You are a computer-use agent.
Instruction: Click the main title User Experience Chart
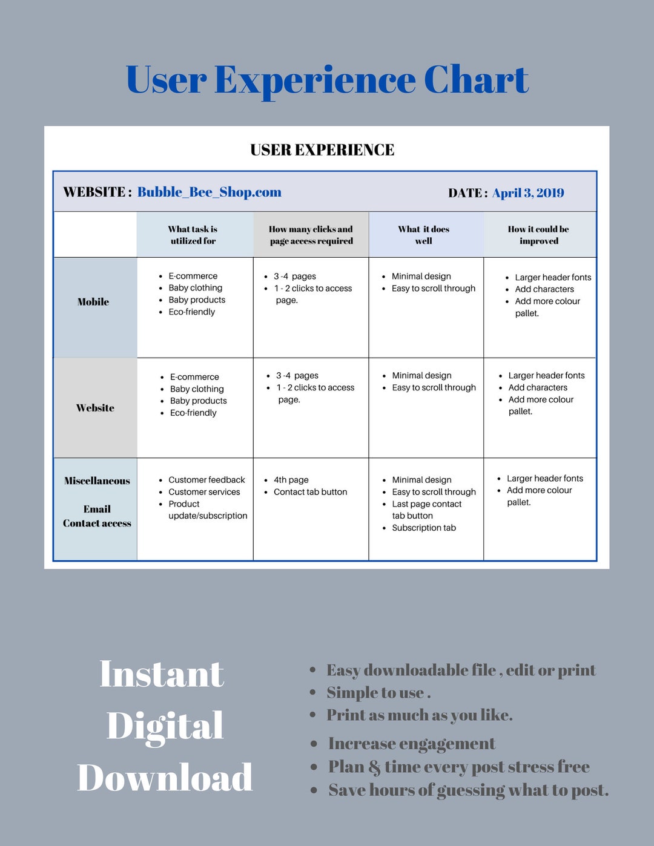click(x=327, y=80)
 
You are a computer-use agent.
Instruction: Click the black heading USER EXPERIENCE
click(x=322, y=149)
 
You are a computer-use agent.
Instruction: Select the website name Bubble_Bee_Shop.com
click(x=209, y=192)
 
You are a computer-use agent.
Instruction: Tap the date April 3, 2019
click(x=528, y=193)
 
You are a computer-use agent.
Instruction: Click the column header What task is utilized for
click(x=193, y=235)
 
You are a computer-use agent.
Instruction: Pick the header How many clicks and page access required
click(x=311, y=235)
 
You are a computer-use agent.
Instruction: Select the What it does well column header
click(x=424, y=235)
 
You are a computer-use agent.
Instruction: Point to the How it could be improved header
click(x=538, y=235)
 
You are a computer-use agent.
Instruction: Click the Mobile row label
click(x=93, y=302)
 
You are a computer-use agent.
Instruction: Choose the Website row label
click(x=95, y=408)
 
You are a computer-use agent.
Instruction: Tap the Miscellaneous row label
click(x=97, y=480)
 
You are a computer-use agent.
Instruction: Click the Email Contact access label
click(x=97, y=516)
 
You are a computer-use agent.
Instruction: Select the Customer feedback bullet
click(x=206, y=480)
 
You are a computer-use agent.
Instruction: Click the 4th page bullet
click(x=291, y=480)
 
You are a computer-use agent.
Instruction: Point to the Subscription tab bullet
click(x=424, y=528)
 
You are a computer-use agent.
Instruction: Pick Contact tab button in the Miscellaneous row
click(x=310, y=492)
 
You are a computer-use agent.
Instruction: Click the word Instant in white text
click(x=162, y=674)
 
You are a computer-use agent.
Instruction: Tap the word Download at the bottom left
click(x=165, y=778)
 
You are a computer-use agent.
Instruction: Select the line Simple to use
click(x=378, y=692)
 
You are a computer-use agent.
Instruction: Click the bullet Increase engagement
click(x=412, y=744)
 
